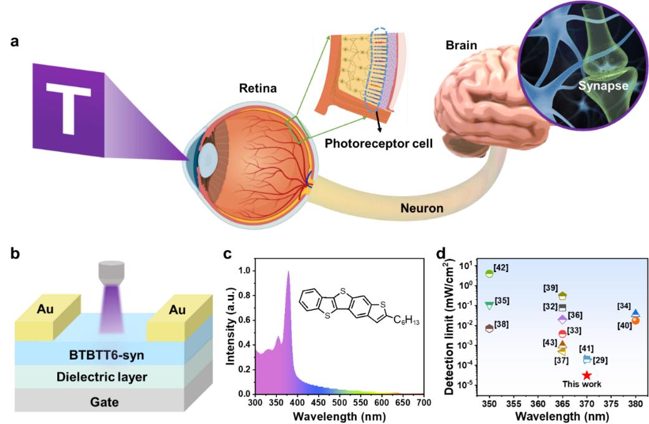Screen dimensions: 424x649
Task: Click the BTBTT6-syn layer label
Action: click(x=104, y=357)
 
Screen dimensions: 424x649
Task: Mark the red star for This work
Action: click(x=587, y=375)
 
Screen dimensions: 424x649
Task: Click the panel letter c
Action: click(x=229, y=255)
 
